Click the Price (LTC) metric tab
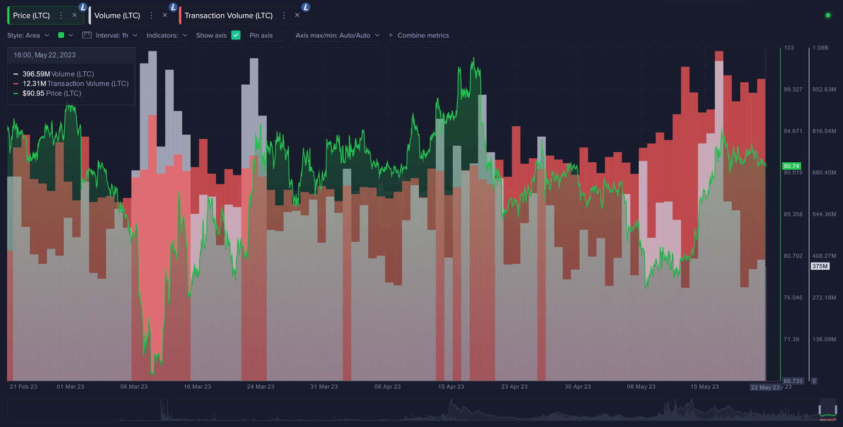point(31,15)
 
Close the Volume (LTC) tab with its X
point(165,15)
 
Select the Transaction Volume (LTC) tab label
point(228,15)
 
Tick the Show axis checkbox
point(236,35)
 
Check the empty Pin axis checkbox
point(282,35)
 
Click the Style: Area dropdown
point(28,35)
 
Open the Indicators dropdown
point(166,35)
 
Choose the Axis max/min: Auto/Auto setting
point(337,35)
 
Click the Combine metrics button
point(419,35)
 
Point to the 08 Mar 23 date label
point(134,386)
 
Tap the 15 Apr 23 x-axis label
point(451,386)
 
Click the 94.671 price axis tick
point(793,131)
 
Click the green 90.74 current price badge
point(791,166)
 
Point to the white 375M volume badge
point(820,266)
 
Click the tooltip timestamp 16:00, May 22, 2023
point(44,55)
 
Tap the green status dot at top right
point(828,15)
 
